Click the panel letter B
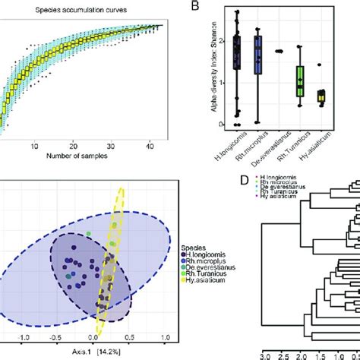[195, 7]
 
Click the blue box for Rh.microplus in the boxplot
[259, 55]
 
